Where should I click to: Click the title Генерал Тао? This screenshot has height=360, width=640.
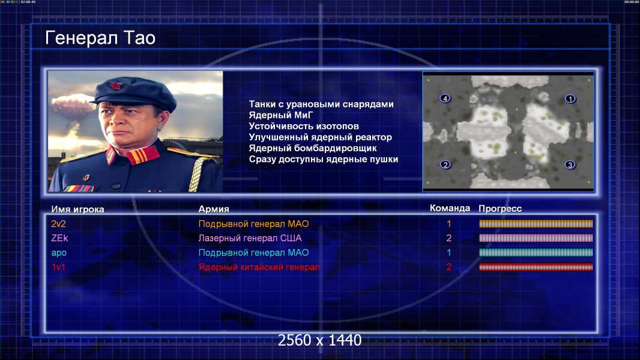pyautogui.click(x=100, y=38)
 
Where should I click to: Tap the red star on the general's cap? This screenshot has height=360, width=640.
pyautogui.click(x=116, y=86)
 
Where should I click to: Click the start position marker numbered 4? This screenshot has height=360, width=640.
pyautogui.click(x=445, y=98)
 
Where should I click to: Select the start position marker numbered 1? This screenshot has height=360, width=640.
pyautogui.click(x=570, y=98)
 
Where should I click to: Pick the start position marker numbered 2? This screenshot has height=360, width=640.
pyautogui.click(x=445, y=164)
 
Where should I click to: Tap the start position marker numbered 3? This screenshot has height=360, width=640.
pyautogui.click(x=570, y=165)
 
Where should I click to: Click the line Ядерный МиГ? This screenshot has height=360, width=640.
pyautogui.click(x=281, y=115)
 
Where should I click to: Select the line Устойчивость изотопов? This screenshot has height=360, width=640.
pyautogui.click(x=304, y=127)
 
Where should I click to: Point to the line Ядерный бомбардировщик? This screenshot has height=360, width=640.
pyautogui.click(x=313, y=148)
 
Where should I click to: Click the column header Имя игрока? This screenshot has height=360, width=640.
pyautogui.click(x=77, y=209)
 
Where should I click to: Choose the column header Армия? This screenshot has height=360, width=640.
pyautogui.click(x=214, y=209)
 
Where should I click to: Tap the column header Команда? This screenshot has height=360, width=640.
pyautogui.click(x=450, y=208)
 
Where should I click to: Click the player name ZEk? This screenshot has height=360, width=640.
pyautogui.click(x=59, y=238)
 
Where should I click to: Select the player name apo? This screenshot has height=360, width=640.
pyautogui.click(x=59, y=253)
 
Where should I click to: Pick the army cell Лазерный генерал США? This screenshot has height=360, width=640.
pyautogui.click(x=250, y=238)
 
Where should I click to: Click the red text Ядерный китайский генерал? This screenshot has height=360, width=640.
pyautogui.click(x=259, y=268)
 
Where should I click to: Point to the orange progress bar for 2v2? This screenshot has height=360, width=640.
pyautogui.click(x=536, y=223)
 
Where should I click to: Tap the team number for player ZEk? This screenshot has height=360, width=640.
pyautogui.click(x=448, y=238)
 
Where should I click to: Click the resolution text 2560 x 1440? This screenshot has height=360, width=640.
pyautogui.click(x=319, y=340)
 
